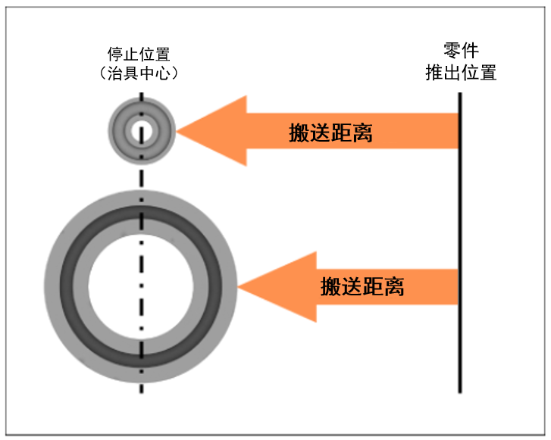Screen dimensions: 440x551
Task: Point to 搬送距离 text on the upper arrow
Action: pyautogui.click(x=330, y=133)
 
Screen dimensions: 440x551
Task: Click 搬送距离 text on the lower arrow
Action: pyautogui.click(x=362, y=286)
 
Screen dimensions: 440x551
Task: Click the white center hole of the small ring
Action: pyautogui.click(x=140, y=131)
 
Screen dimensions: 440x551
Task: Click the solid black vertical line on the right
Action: pyautogui.click(x=459, y=242)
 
